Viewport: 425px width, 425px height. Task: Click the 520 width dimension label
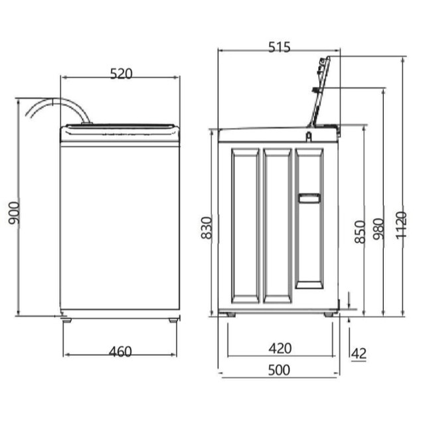pos(121,74)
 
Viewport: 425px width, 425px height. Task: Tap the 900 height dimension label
pos(14,213)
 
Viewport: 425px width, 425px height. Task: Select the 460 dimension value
pos(120,352)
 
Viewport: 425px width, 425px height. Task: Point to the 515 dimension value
pos(279,47)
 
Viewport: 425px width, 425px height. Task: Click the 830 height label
pos(207,228)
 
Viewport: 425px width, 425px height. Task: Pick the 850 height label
pos(361,232)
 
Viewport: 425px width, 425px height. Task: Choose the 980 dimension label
pos(379,229)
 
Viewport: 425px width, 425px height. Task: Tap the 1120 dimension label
pos(401,226)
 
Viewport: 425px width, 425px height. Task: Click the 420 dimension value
pos(280,348)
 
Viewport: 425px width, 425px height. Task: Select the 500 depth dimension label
pos(279,370)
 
